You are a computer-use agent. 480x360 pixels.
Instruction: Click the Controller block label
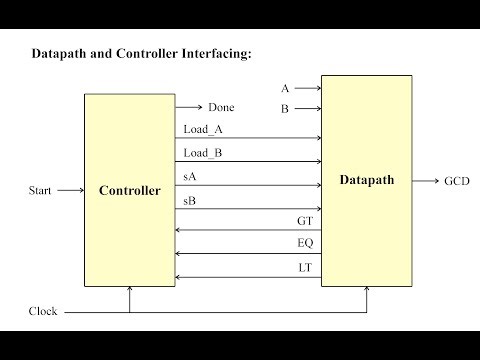point(130,191)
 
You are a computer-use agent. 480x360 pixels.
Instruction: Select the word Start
point(42,190)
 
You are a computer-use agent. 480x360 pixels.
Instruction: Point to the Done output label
point(221,107)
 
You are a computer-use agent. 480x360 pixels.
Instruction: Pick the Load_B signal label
point(203,153)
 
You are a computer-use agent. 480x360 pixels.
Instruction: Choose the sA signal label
point(190,176)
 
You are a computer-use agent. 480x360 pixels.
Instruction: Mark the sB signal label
point(190,201)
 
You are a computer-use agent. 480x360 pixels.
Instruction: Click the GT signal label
point(305,220)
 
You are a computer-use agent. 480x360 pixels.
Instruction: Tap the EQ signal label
point(305,244)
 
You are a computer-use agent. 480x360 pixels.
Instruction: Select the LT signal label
point(305,268)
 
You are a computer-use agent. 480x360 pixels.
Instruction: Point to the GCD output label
point(457,182)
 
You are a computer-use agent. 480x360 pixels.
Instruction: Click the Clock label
point(43,311)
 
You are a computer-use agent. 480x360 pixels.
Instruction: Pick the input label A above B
point(285,89)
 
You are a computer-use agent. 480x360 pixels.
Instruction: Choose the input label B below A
point(285,107)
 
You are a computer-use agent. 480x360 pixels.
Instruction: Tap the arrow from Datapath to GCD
point(426,182)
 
